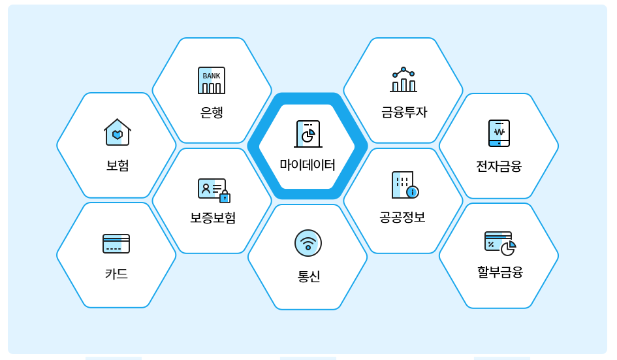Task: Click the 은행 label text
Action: [212, 112]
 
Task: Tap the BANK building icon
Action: [212, 80]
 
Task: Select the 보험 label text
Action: [118, 165]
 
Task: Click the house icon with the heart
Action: [118, 133]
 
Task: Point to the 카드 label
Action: [116, 274]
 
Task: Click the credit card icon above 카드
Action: [116, 244]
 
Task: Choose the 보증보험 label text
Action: [213, 218]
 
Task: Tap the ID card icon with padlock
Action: [214, 190]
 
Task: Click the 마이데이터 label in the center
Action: [308, 165]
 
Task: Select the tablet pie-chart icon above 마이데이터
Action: [308, 134]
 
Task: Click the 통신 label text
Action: [308, 276]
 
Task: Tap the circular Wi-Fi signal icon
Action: [308, 243]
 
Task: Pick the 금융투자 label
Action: [404, 112]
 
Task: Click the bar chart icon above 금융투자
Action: [403, 80]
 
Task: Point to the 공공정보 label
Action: [402, 218]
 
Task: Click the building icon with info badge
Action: [405, 185]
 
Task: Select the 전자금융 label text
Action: [499, 167]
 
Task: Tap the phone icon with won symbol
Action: [499, 133]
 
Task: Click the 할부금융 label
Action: [500, 272]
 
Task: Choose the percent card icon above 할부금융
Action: [499, 243]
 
